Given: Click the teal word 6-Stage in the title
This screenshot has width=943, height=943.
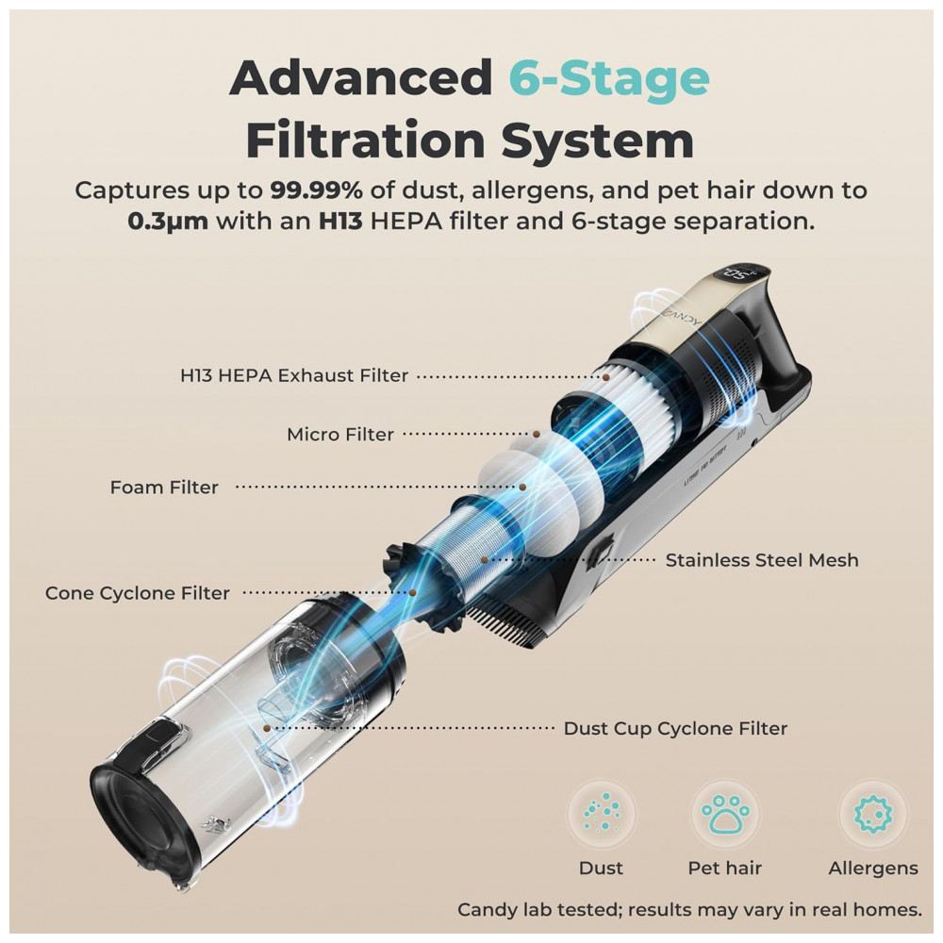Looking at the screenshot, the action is (609, 78).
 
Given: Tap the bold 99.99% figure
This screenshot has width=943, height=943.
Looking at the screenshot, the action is (316, 190).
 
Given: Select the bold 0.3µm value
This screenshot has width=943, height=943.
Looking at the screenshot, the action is (168, 222).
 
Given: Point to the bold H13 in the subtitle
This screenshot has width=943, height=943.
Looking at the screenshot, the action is (340, 222).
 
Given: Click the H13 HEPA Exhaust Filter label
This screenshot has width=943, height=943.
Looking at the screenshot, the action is (294, 375).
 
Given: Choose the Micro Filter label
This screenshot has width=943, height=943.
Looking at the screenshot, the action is (340, 434).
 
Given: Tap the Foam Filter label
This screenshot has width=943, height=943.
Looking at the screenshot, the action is (164, 488).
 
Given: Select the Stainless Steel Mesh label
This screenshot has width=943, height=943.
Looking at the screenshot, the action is (762, 560).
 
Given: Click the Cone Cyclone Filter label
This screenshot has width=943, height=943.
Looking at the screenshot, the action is (137, 593).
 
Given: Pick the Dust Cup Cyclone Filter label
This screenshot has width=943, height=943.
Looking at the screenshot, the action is (675, 728).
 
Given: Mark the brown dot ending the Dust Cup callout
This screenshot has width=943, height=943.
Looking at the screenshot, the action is (267, 728).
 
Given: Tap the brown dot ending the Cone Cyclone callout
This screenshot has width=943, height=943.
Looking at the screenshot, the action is (413, 592).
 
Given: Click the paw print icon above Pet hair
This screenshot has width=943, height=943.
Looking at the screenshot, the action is (724, 813).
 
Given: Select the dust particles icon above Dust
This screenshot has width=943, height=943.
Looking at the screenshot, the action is (602, 813).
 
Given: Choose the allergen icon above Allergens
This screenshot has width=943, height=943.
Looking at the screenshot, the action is (873, 813).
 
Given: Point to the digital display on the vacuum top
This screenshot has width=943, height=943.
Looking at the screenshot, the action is (743, 276).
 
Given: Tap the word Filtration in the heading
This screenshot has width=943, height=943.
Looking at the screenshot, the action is (366, 141).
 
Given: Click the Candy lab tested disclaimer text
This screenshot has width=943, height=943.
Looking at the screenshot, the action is (689, 910).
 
